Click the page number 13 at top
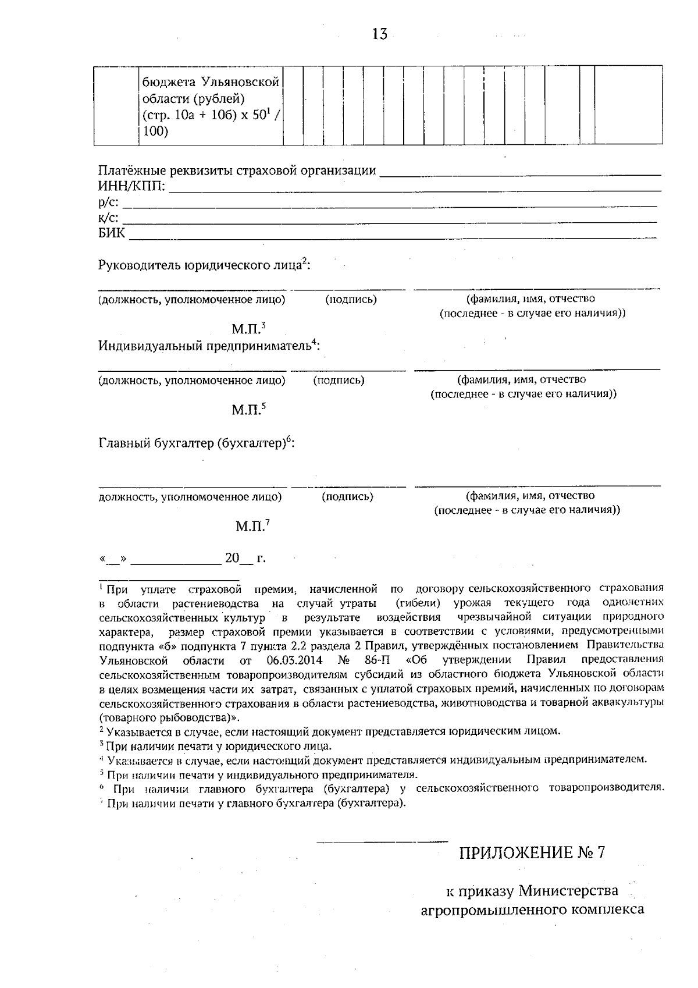click(379, 34)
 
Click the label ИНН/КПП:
click(131, 187)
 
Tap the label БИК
click(111, 234)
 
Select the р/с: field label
click(108, 202)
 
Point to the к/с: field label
click(108, 218)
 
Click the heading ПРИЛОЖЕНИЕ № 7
click(532, 853)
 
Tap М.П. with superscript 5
click(248, 410)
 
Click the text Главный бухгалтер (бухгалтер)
click(195, 444)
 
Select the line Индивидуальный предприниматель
click(208, 346)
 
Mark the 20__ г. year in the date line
click(245, 559)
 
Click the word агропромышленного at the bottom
click(492, 909)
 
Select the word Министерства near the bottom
click(568, 891)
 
